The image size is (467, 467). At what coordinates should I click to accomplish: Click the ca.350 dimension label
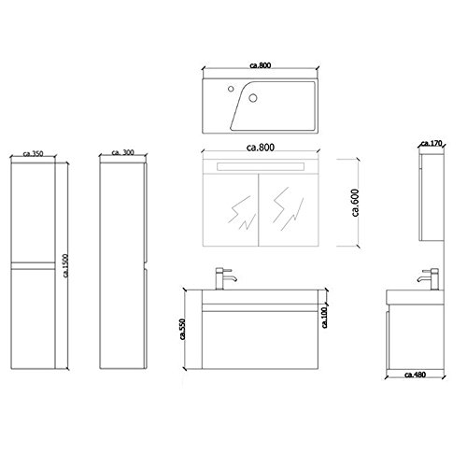pos(33,153)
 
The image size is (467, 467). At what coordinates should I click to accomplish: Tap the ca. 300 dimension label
pos(122,152)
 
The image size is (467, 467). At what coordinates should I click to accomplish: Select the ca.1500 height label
pos(65,265)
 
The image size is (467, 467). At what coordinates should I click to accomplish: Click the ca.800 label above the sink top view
pos(261,65)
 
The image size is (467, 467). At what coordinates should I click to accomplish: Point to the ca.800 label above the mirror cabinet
pos(261,147)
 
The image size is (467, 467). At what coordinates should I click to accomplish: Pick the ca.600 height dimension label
pos(355,203)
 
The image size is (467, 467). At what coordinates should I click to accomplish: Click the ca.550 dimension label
pos(183,329)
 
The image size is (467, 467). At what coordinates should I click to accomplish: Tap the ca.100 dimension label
pos(324,318)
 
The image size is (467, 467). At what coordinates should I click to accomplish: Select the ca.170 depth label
pos(432,144)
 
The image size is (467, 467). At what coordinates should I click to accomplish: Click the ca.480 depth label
pos(415,375)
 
